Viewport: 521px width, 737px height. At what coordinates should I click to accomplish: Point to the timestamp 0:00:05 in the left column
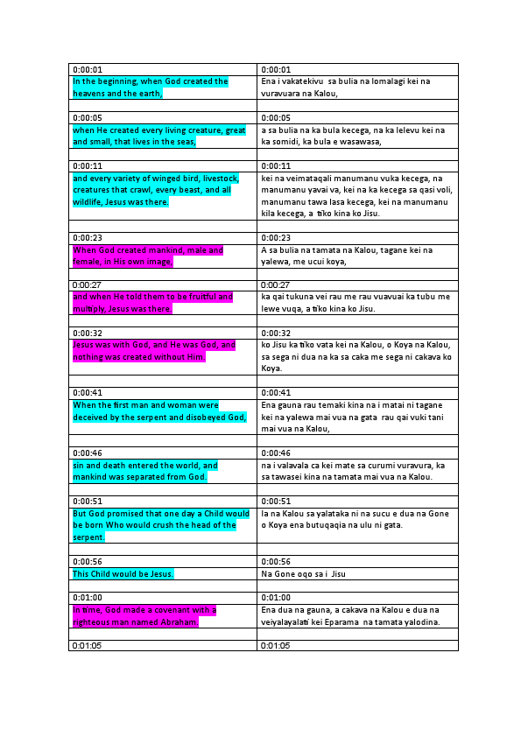[x=88, y=118]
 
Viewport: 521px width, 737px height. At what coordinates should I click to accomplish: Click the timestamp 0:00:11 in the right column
[x=276, y=166]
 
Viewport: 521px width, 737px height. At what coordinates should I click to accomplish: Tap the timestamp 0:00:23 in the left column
[x=88, y=238]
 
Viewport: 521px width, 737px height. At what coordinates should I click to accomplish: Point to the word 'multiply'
[x=88, y=309]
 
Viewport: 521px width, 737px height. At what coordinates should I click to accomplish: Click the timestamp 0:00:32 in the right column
[x=276, y=333]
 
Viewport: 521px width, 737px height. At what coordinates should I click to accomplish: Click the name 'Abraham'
[x=175, y=622]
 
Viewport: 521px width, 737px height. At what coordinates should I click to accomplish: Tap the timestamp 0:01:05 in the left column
[x=88, y=646]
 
